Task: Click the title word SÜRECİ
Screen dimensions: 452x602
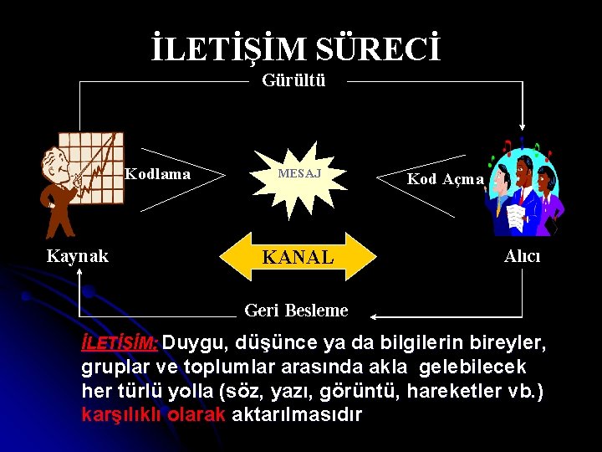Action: point(379,49)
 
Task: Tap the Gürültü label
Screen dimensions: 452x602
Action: point(293,81)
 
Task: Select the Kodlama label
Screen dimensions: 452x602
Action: point(157,174)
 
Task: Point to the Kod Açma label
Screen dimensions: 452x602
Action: point(445,178)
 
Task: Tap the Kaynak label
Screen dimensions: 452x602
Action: point(77,256)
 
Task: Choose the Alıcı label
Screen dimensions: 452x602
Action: point(523,256)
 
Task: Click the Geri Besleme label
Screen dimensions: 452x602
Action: point(296,311)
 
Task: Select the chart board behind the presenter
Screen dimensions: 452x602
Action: point(96,159)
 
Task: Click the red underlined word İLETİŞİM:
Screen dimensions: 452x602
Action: point(120,343)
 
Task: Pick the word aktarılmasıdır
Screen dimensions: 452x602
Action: point(297,414)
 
